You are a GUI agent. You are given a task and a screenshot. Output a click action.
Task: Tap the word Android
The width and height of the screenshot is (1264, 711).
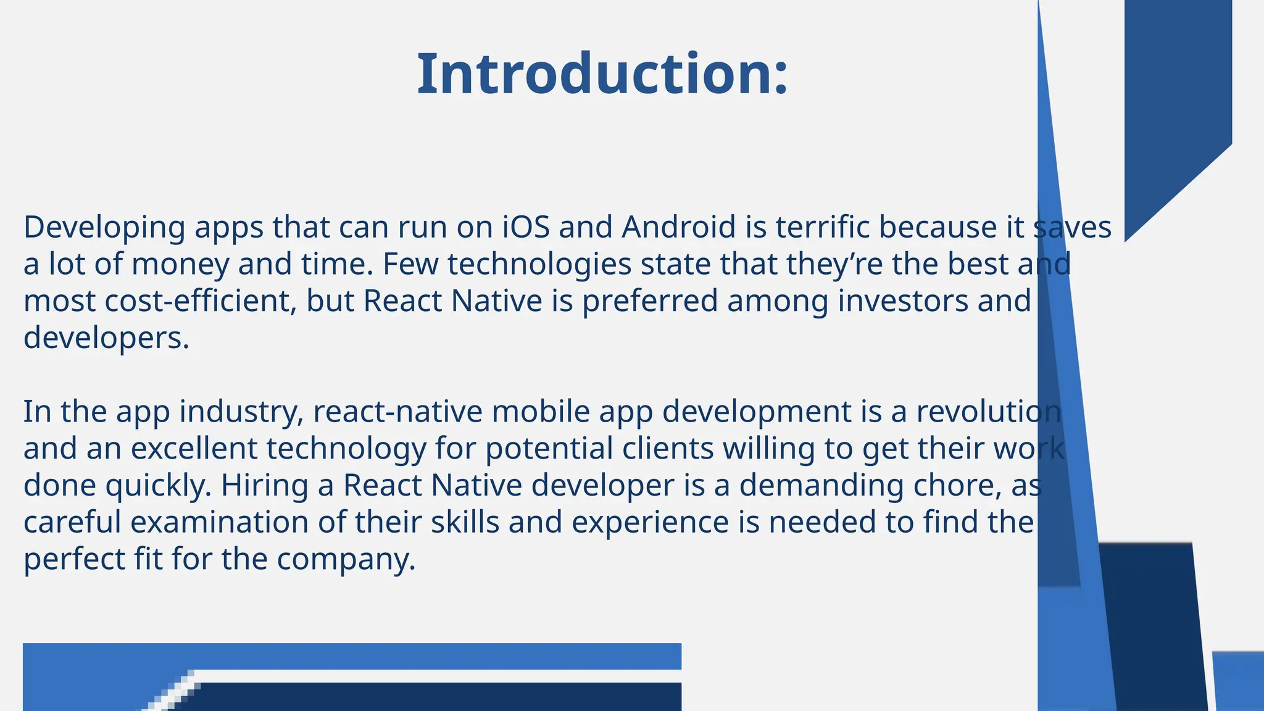coord(678,227)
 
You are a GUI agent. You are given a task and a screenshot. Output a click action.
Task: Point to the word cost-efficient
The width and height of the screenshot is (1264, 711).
coord(201,301)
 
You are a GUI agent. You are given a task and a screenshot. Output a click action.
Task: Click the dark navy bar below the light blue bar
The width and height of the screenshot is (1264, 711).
coord(432,697)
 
